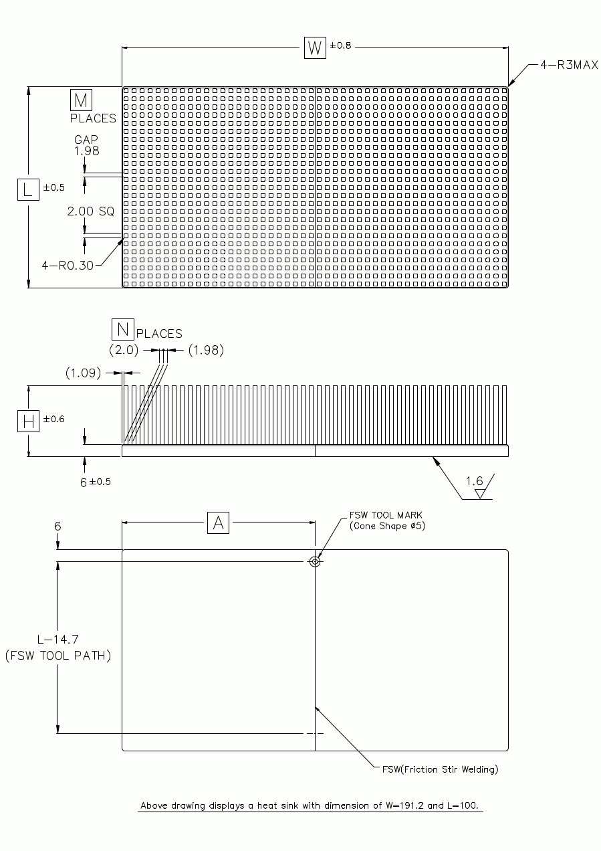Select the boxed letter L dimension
click(x=27, y=189)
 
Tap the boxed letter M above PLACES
click(x=81, y=100)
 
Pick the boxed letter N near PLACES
click(x=122, y=329)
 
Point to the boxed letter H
click(x=28, y=421)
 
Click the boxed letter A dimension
click(x=218, y=523)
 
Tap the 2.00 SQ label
click(x=90, y=211)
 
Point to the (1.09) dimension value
click(x=84, y=372)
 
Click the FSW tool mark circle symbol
click(x=315, y=561)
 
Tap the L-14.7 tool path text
click(x=57, y=640)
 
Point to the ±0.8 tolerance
click(x=340, y=45)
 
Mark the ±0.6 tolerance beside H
click(x=54, y=419)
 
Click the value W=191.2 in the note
click(x=403, y=806)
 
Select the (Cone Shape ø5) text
click(x=388, y=527)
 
